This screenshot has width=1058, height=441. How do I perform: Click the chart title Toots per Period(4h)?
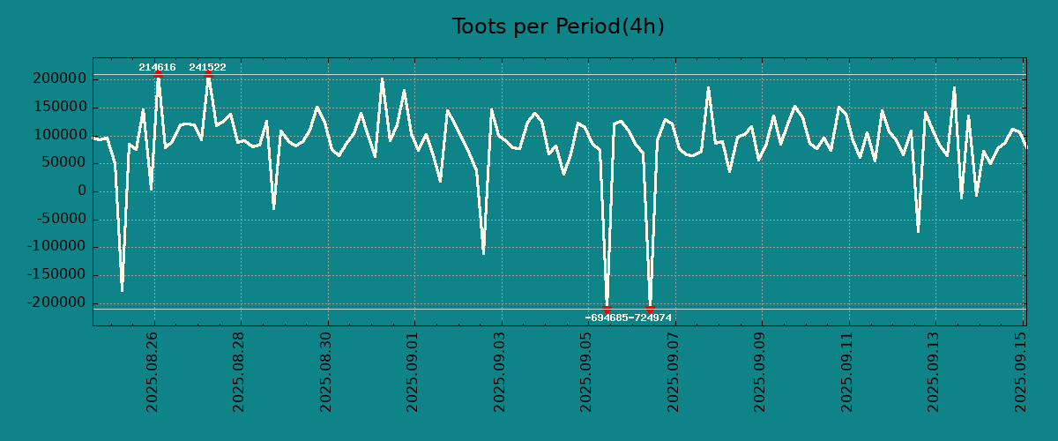[558, 26]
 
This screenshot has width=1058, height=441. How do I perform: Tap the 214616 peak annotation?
[157, 67]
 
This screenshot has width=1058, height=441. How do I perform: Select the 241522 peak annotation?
[207, 67]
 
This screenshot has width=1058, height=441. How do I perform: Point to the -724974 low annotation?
[651, 318]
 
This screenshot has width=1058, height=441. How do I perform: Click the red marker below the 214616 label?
[158, 75]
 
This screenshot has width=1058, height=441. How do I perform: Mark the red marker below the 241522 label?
[208, 75]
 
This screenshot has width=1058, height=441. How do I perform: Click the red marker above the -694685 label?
[607, 309]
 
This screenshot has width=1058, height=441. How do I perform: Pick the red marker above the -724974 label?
[650, 309]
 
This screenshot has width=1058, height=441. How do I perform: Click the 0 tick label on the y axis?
[82, 191]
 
